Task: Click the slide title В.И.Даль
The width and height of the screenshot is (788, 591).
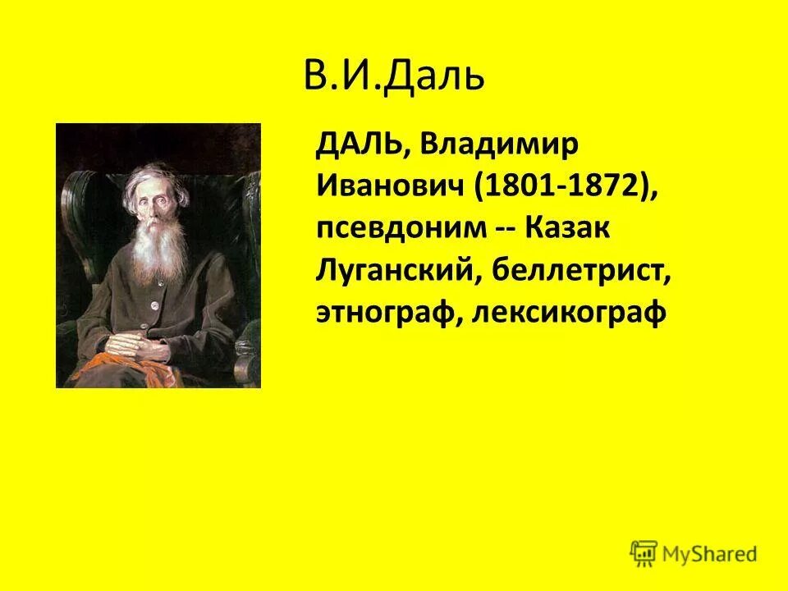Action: [394, 77]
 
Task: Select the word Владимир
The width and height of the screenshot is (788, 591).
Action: [488, 145]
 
